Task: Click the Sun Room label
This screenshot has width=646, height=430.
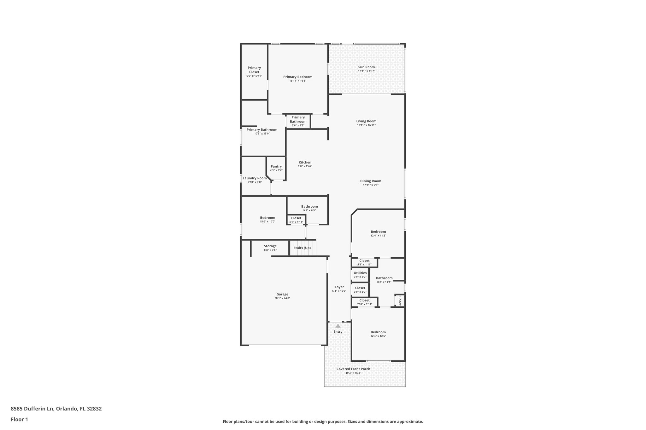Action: pyautogui.click(x=366, y=67)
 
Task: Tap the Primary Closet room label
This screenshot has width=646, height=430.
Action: pyautogui.click(x=254, y=70)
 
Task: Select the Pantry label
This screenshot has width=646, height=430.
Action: pyautogui.click(x=276, y=167)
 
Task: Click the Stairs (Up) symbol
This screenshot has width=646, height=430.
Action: pyautogui.click(x=302, y=248)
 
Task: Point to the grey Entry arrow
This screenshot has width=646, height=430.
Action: pyautogui.click(x=338, y=326)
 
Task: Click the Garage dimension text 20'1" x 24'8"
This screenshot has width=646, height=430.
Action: pyautogui.click(x=282, y=298)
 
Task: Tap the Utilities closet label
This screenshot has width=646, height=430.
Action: pyautogui.click(x=360, y=273)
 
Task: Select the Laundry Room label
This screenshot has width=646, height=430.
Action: pyautogui.click(x=255, y=178)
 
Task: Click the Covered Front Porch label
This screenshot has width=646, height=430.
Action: pyautogui.click(x=353, y=369)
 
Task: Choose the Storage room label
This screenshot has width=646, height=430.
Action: pyautogui.click(x=270, y=246)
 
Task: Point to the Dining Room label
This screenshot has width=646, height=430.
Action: pyautogui.click(x=371, y=181)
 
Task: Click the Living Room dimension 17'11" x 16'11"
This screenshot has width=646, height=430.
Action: pyautogui.click(x=366, y=125)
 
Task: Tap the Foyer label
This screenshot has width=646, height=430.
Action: pyautogui.click(x=339, y=287)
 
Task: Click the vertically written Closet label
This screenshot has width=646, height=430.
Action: pyautogui.click(x=399, y=300)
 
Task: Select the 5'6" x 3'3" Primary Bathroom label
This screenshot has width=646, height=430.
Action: pyautogui.click(x=298, y=120)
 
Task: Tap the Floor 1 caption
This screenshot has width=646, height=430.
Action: pyautogui.click(x=19, y=420)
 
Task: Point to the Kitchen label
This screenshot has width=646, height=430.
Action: pyautogui.click(x=305, y=163)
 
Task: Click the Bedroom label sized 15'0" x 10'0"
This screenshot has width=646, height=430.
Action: pyautogui.click(x=267, y=218)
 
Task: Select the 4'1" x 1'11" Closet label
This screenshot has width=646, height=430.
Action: pyautogui.click(x=296, y=218)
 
